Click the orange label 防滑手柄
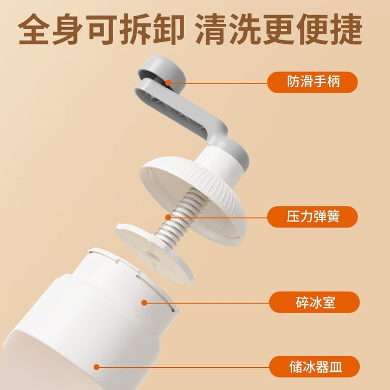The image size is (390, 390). click(x=313, y=82)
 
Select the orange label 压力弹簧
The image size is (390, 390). click(x=313, y=217)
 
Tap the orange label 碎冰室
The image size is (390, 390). click(x=314, y=302)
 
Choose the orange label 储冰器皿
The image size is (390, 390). click(x=314, y=367)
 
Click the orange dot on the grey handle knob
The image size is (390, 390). click(x=168, y=82)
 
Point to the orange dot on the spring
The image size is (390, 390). click(x=168, y=217)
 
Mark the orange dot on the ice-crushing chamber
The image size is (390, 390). click(x=144, y=302)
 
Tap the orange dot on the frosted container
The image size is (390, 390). click(x=96, y=367)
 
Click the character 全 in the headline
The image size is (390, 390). click(x=34, y=29)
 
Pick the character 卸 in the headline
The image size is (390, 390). click(x=168, y=29)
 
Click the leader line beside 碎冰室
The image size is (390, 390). click(x=207, y=303)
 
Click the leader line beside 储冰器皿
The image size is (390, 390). click(x=183, y=367)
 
